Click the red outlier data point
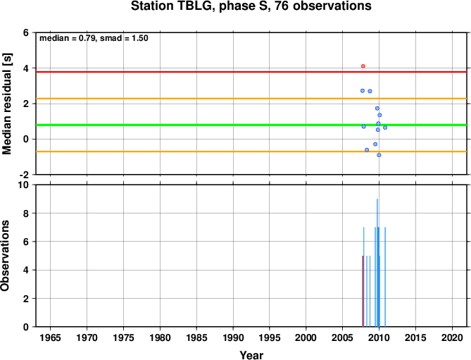[363, 66]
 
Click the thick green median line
[251, 125]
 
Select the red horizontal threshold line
[251, 72]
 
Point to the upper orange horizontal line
[251, 99]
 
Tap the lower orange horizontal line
[251, 151]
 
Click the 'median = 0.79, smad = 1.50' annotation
[94, 38]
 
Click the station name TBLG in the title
[193, 6]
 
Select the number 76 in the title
[282, 6]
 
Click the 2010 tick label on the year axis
[379, 337]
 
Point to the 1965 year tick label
[50, 337]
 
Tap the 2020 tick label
[452, 337]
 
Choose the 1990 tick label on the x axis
[233, 337]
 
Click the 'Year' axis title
[251, 355]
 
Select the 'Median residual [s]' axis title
[7, 104]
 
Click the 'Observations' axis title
[5, 256]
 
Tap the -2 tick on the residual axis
[25, 175]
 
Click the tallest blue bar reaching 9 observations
[377, 263]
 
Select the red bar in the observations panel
[363, 291]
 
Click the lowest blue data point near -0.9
[379, 155]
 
